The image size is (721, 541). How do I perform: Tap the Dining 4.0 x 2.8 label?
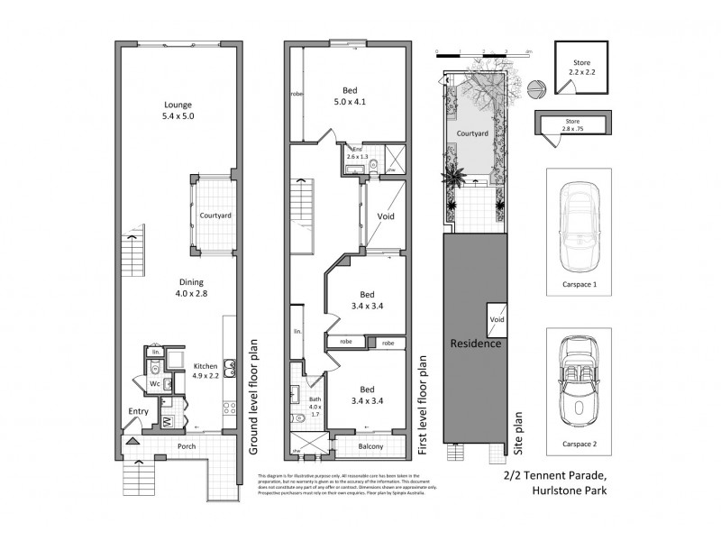[178, 286]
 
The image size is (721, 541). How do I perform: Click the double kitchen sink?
[229, 367]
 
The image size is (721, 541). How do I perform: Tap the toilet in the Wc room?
[155, 368]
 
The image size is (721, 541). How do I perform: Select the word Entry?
[138, 411]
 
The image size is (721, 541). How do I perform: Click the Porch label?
[186, 446]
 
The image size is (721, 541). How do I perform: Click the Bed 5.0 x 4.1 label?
[353, 96]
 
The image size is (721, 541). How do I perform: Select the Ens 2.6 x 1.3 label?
[357, 153]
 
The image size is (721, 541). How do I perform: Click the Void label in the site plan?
[497, 319]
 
